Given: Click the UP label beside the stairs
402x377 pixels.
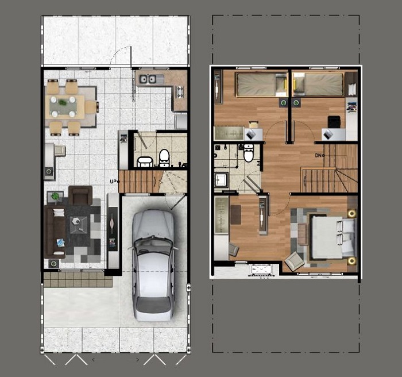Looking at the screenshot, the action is pos(113,182).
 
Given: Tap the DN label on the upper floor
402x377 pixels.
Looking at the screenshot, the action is pos(318,155).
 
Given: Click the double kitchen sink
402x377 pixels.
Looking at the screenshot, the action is pos(148,79).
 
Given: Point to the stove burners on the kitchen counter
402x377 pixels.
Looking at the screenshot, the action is pos(180,92).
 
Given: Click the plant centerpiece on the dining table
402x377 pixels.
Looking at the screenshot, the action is pos(62,103).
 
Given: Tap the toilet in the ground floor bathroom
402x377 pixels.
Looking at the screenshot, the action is pos(164,158).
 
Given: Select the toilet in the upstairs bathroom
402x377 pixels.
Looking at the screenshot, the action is pos(249,153).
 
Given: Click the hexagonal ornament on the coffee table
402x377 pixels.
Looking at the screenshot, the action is pos(76,221).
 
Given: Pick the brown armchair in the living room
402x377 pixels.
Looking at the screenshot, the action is pos(80,195).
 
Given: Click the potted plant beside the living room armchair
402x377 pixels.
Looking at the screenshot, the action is pos(55,197).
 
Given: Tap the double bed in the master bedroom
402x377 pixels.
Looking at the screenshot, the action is pos(333,237).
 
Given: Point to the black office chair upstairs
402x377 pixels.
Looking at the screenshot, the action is pos(334,122).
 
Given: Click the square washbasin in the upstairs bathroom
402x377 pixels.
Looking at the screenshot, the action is pos(221,179).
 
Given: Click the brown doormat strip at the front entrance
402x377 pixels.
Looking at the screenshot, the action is pos(78,279).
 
